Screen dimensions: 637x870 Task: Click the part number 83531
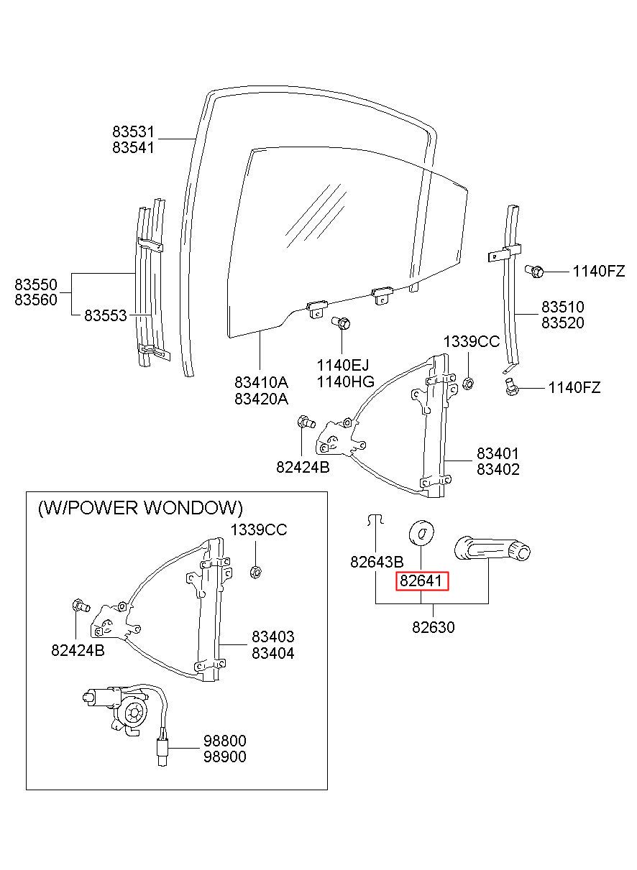(133, 132)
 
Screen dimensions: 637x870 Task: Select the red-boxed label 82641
(422, 581)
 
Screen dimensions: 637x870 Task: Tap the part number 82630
(434, 627)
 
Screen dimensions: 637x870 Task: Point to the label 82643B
(377, 562)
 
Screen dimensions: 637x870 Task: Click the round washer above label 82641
(422, 532)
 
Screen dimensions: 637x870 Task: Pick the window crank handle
(492, 549)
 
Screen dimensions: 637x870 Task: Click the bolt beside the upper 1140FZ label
(534, 271)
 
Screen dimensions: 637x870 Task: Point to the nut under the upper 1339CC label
(469, 384)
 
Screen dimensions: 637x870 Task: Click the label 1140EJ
(343, 365)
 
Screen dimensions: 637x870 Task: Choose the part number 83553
(106, 315)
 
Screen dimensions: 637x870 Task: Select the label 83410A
(261, 383)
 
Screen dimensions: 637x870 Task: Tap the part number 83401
(498, 453)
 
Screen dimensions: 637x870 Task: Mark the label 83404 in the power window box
(273, 653)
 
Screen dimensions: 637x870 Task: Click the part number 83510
(563, 307)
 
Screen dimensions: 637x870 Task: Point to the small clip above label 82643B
(375, 520)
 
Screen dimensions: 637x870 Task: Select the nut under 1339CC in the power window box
(255, 572)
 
